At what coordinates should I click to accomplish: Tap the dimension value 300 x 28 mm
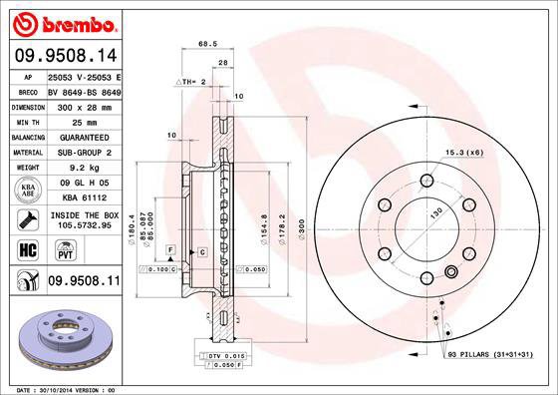point(83,105)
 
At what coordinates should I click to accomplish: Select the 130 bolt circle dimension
point(434,214)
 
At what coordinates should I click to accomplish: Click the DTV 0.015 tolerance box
point(221,356)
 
